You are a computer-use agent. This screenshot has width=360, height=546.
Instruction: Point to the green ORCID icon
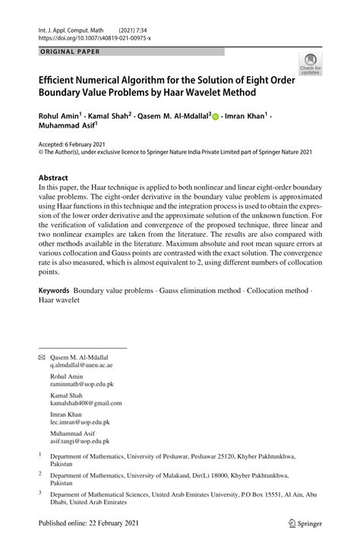pos(216,118)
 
